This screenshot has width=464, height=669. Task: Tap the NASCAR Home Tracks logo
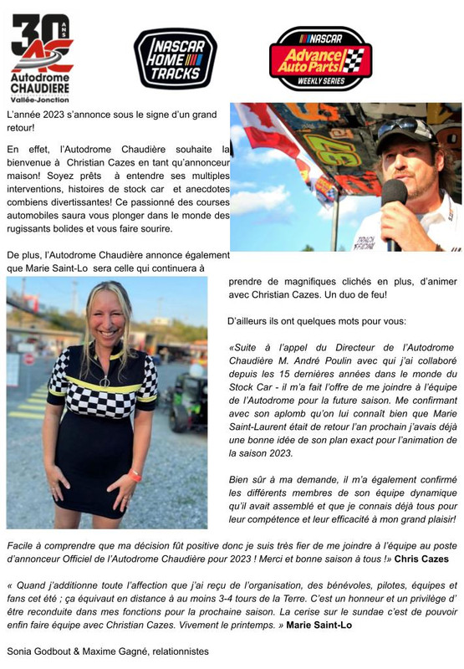[x=176, y=58]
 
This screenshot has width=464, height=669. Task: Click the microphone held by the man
[x=394, y=202]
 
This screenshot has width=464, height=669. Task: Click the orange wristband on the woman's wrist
[x=135, y=476]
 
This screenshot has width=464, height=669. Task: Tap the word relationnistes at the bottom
[x=181, y=650]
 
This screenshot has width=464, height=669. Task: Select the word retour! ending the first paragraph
[x=23, y=127]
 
